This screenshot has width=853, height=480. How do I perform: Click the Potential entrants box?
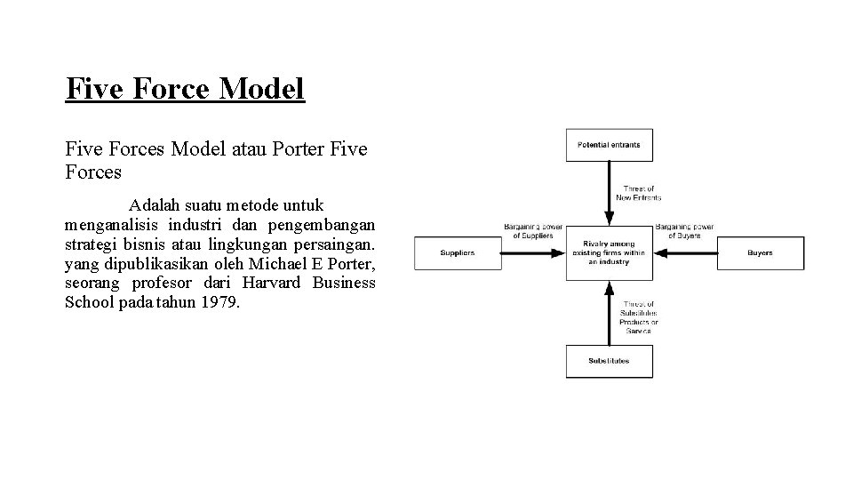[x=609, y=145]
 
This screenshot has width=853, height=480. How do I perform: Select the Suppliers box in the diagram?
[x=458, y=253]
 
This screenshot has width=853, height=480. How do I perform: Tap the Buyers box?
[x=760, y=253]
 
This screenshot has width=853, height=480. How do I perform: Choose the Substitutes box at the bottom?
[x=609, y=361]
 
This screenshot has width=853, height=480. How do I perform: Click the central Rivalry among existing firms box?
[x=609, y=253]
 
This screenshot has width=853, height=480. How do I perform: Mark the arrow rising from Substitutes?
[x=609, y=311]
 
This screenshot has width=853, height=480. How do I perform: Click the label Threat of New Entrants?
[x=639, y=193]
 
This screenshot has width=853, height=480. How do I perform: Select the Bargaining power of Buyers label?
[x=684, y=231]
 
